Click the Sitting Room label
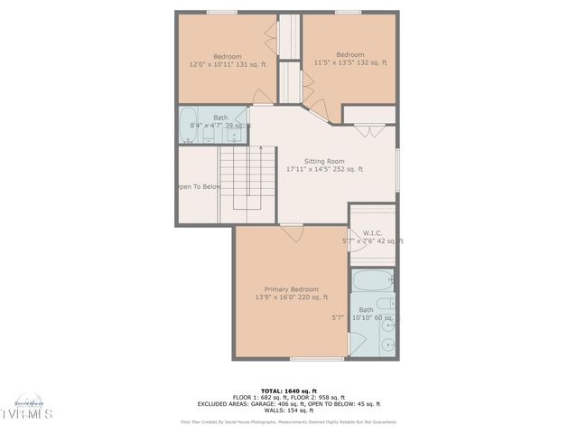pos(324,161)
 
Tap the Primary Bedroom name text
pos(291,288)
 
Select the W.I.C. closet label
pos(372,231)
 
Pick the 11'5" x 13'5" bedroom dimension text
pos(350,63)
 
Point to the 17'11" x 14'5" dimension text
pos(324,169)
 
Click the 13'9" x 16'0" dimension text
pos(291,297)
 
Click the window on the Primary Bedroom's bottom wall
pos(316,358)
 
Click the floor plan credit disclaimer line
pos(289,421)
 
